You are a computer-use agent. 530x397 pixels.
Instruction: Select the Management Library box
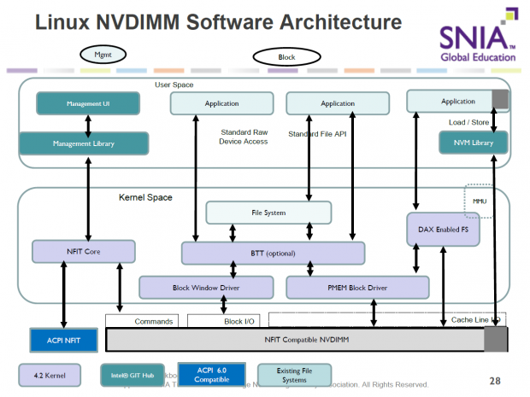click(x=84, y=143)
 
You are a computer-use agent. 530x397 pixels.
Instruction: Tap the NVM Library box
click(x=473, y=143)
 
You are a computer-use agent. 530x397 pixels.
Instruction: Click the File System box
click(x=268, y=213)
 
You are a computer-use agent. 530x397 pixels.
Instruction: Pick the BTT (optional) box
click(x=273, y=253)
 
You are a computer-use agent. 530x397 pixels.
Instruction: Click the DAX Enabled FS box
click(x=442, y=230)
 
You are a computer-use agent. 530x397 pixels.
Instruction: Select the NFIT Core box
click(x=83, y=252)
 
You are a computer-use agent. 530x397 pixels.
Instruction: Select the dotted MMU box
click(x=479, y=200)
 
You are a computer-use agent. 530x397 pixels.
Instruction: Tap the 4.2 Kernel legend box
click(x=50, y=373)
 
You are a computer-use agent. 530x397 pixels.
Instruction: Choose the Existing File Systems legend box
click(x=292, y=374)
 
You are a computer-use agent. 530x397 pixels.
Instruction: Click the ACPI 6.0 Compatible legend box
click(x=211, y=373)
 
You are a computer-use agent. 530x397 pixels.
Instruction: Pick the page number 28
click(x=495, y=380)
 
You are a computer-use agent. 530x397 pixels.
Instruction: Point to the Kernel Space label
click(x=144, y=197)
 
